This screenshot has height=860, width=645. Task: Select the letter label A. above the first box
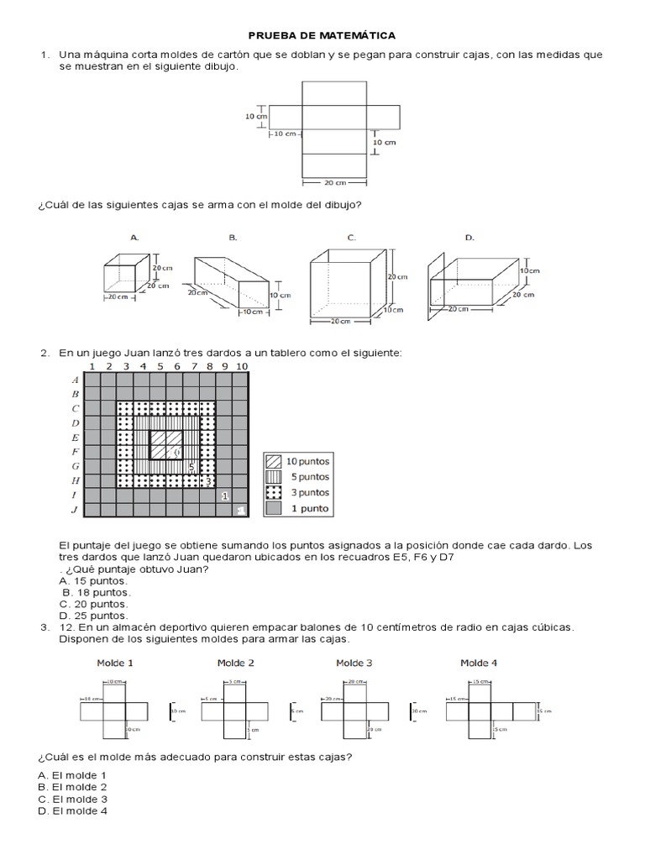coord(134,238)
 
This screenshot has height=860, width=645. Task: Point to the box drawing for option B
coord(232,284)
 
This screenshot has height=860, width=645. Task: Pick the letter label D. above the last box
coord(469,238)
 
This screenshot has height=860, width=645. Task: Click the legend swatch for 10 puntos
coord(274,461)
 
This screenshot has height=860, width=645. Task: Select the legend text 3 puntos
coord(308,493)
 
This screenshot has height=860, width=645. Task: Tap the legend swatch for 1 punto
coord(274,509)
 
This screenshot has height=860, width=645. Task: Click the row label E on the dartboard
coord(76,438)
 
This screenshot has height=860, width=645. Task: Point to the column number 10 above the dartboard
coord(242,366)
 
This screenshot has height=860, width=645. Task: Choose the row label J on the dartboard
coord(76,510)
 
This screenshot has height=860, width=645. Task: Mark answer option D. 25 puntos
coord(94,616)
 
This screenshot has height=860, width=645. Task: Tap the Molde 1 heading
coord(116,663)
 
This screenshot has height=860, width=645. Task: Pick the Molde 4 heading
coord(479,663)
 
